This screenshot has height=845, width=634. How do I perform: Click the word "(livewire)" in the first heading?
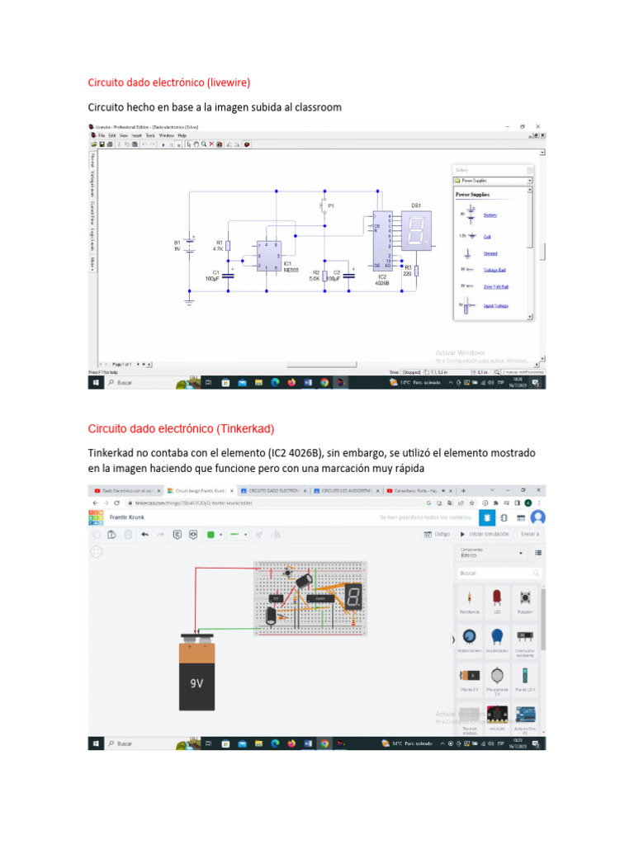[220, 83]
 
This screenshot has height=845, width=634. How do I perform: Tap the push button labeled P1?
[325, 203]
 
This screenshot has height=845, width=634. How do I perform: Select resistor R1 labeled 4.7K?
[229, 245]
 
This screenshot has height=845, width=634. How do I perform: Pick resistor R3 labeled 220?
[416, 271]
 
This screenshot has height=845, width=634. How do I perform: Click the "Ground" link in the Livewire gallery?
[490, 253]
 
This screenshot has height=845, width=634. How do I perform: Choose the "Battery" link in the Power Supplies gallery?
[490, 215]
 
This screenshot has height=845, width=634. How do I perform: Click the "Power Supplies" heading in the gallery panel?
[474, 195]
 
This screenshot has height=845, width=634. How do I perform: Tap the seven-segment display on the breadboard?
[353, 597]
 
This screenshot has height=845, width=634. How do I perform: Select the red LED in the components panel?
[497, 597]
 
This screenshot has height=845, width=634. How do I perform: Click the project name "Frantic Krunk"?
[127, 517]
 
